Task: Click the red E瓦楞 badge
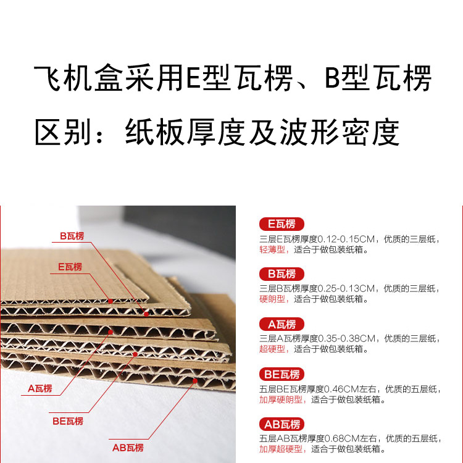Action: click(x=282, y=224)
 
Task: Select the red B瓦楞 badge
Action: click(x=282, y=274)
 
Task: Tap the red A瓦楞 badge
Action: click(x=282, y=324)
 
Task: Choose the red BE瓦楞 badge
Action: click(x=282, y=375)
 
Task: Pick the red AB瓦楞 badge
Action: click(x=282, y=424)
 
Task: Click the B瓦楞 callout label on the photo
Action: click(x=72, y=236)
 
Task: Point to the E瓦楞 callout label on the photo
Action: click(x=70, y=267)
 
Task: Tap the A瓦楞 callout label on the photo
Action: click(x=40, y=388)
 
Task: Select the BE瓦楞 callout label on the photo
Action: click(x=68, y=421)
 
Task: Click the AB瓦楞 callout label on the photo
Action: click(x=128, y=448)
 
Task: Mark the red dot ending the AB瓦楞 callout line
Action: click(x=195, y=381)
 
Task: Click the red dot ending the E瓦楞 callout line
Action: click(x=111, y=301)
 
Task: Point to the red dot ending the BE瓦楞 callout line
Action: click(x=135, y=354)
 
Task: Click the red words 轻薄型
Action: click(x=272, y=250)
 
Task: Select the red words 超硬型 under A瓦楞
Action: click(x=272, y=349)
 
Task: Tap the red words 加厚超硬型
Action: click(x=281, y=449)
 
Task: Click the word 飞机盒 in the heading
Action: click(x=78, y=78)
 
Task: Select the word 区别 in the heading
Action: click(x=62, y=131)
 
